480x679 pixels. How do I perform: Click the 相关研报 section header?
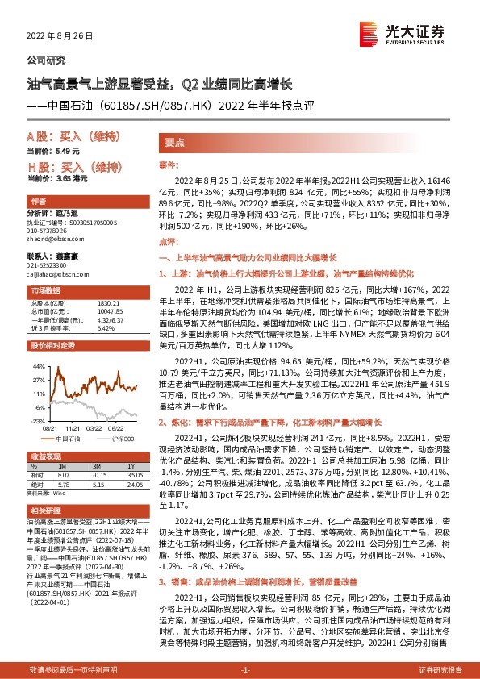(44, 511)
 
